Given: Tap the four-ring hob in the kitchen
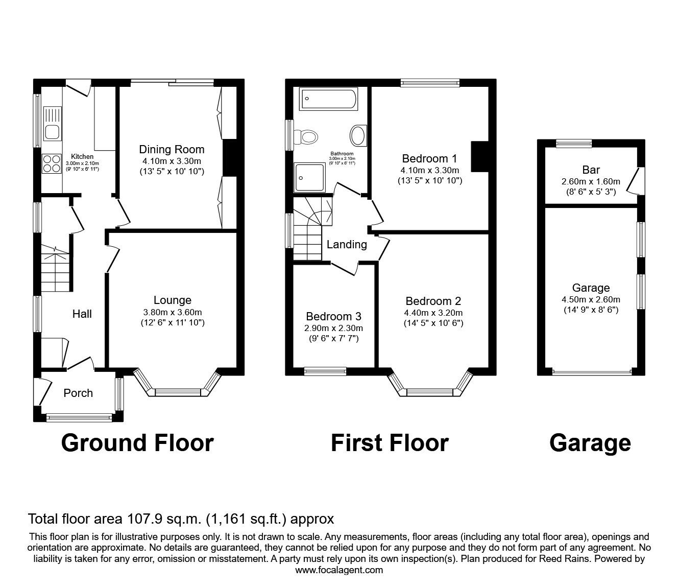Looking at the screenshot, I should [x=51, y=163].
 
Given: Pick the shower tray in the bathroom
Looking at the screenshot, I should [x=309, y=177].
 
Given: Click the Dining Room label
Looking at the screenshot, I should [x=172, y=150].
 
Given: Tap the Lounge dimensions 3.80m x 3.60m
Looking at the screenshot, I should [x=173, y=312].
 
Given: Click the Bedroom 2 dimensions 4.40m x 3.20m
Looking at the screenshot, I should [x=433, y=313].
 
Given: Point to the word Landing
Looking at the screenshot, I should [x=347, y=245].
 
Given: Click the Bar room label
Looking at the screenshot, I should [x=591, y=170].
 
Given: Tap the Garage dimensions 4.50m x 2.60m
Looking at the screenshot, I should [x=591, y=299].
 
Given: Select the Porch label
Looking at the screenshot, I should [x=78, y=393].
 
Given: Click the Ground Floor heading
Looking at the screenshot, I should [x=137, y=443].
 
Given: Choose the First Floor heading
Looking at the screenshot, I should [x=390, y=443].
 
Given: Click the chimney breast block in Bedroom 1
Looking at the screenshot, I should [x=479, y=157].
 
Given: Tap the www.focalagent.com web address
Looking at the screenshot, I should [x=339, y=570].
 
